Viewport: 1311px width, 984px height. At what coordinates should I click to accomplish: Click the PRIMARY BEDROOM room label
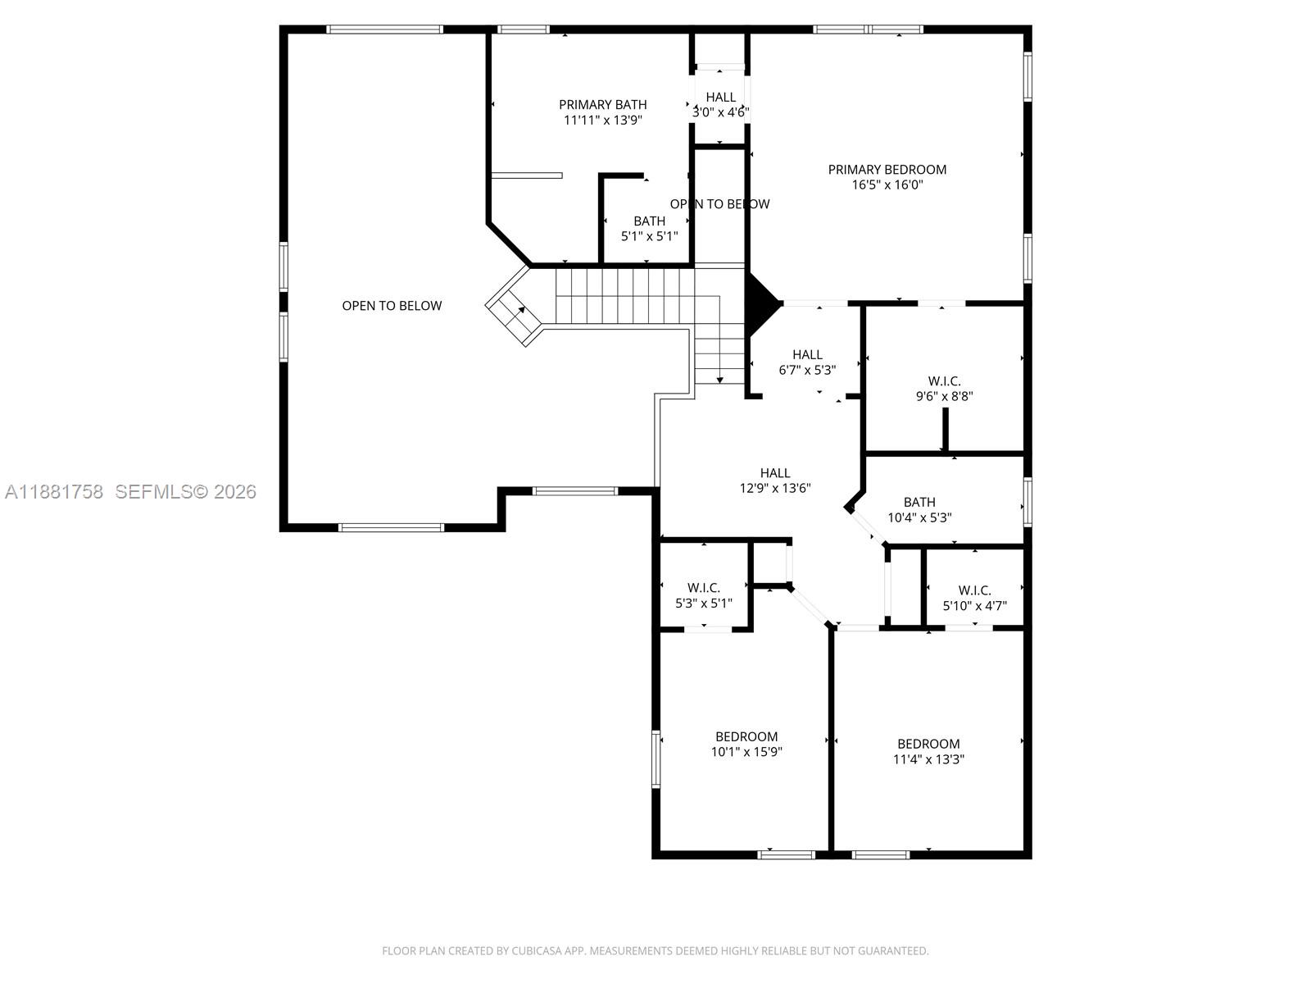(887, 170)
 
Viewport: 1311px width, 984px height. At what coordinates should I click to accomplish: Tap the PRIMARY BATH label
(602, 105)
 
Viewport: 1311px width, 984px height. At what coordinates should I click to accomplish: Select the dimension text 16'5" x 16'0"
(887, 184)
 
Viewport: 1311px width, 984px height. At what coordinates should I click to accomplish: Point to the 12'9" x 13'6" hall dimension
(774, 488)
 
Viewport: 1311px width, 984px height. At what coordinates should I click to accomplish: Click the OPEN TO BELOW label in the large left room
(392, 306)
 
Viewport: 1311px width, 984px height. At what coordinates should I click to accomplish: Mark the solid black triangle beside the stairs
(760, 305)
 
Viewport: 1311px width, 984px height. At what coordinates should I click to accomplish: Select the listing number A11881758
(54, 492)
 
